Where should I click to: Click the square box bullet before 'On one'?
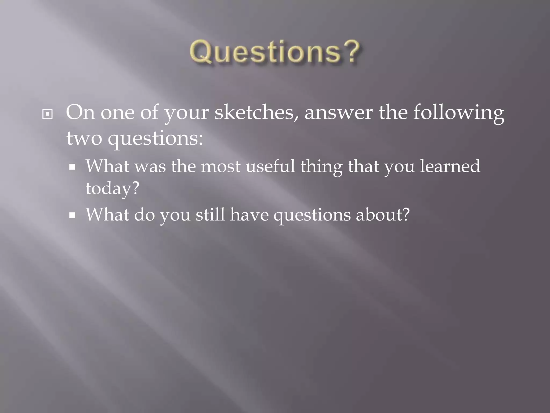[48, 115]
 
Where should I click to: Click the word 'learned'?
[450, 166]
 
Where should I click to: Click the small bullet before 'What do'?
[72, 215]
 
